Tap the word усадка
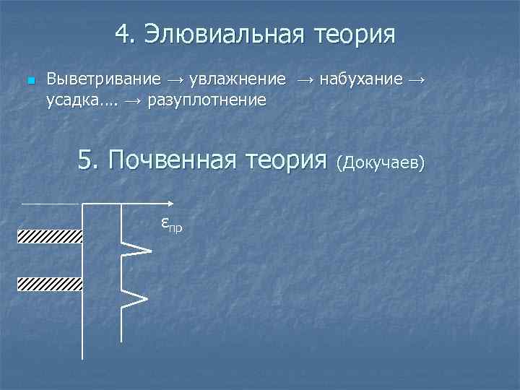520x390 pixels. click(71, 100)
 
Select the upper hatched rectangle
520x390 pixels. click(50, 236)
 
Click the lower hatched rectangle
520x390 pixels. click(50, 283)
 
